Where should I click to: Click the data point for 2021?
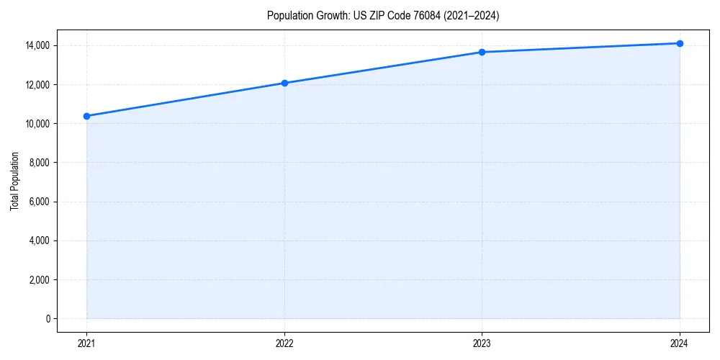point(86,116)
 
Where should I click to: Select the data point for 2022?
point(284,83)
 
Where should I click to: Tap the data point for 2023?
point(482,52)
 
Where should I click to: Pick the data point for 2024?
point(680,43)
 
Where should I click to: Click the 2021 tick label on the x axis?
point(86,343)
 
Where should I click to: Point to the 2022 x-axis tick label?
point(284,343)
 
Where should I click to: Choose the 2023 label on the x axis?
point(482,343)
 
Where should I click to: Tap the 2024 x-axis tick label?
point(680,343)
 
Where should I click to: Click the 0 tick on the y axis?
point(48,318)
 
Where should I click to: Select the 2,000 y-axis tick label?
point(39,279)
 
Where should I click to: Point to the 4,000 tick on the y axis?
point(39,240)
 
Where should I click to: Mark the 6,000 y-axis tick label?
point(39,202)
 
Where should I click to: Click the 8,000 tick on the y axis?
point(39,163)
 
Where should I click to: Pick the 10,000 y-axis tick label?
point(37,124)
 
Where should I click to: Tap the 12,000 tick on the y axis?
point(37,85)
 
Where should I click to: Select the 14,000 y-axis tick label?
point(37,45)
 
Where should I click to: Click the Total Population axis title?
point(14,181)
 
